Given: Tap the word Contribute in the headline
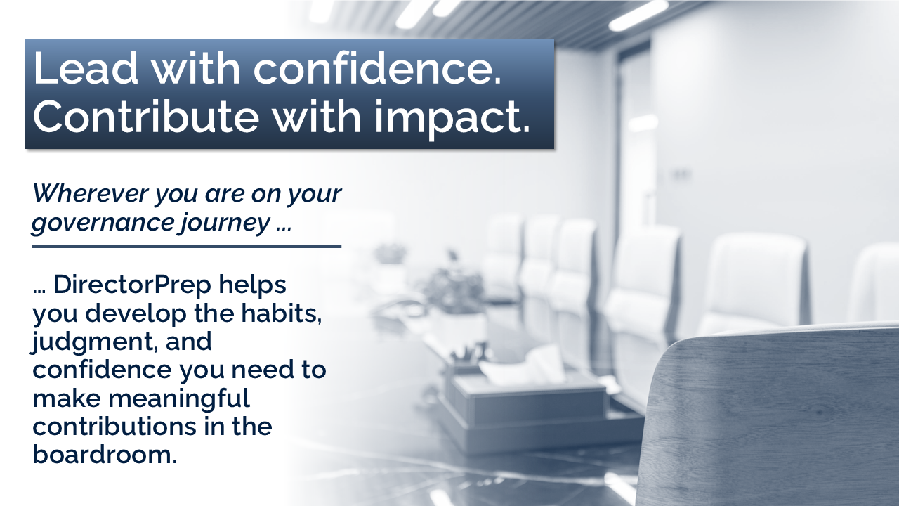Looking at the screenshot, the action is [145, 116].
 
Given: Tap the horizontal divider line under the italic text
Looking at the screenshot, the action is [186, 247].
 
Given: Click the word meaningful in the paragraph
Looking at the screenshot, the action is [179, 399].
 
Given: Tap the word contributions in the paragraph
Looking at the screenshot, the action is [114, 427].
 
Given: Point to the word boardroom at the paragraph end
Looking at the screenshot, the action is [105, 455].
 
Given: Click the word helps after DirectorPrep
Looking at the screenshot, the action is [252, 285].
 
